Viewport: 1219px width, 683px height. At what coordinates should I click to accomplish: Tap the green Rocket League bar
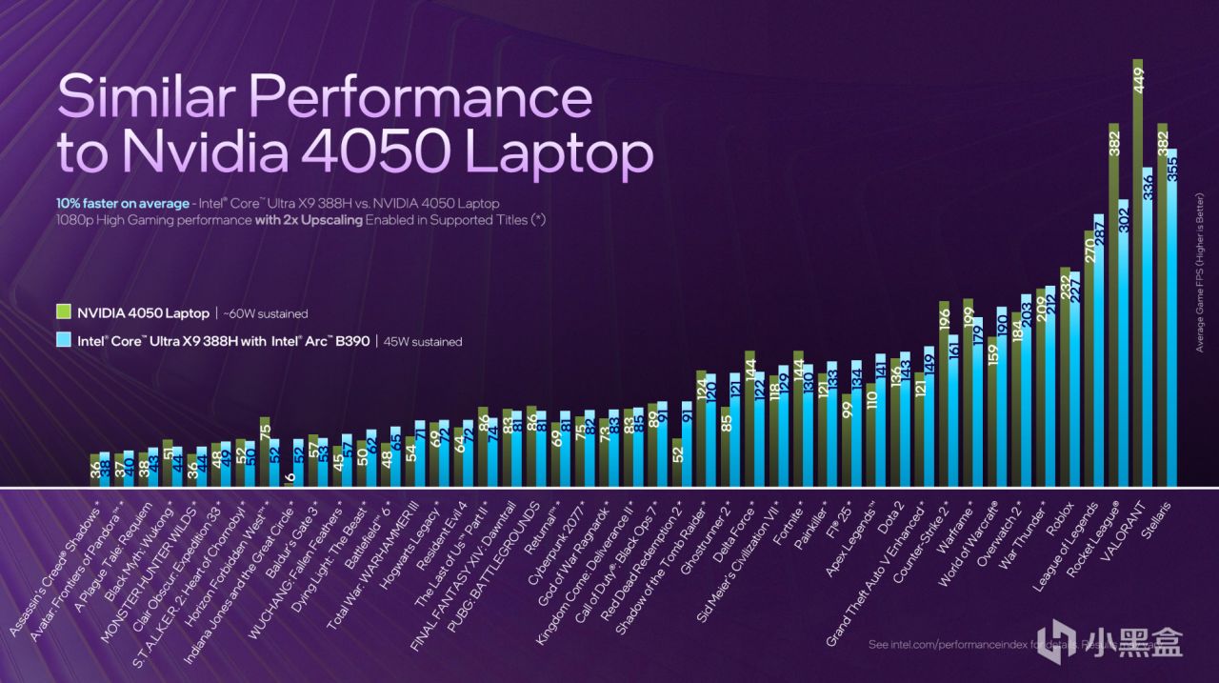point(1113,305)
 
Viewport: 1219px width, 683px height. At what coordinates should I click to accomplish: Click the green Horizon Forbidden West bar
point(265,452)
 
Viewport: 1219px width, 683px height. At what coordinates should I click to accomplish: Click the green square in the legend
point(64,311)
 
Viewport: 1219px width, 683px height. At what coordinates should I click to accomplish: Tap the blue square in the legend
point(64,340)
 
